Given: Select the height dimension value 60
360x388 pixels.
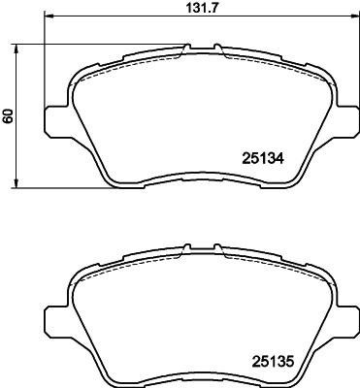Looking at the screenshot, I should [x=9, y=115].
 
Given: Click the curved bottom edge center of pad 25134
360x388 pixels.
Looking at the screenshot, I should [x=198, y=175].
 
